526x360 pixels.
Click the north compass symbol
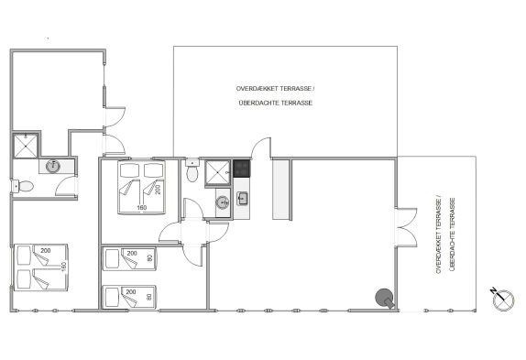pyautogui.click(x=502, y=299)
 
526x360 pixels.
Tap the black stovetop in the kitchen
pyautogui.click(x=242, y=169)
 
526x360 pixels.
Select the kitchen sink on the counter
pyautogui.click(x=242, y=199)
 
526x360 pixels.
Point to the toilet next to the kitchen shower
pyautogui.click(x=192, y=170)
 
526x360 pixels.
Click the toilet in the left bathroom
pyautogui.click(x=23, y=186)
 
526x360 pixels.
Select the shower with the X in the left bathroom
pyautogui.click(x=26, y=146)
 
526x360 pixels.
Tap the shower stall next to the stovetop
pyautogui.click(x=218, y=172)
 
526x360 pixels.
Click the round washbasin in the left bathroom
pyautogui.click(x=53, y=166)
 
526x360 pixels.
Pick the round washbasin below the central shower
pyautogui.click(x=223, y=202)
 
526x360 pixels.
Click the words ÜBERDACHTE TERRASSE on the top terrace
pyautogui.click(x=276, y=103)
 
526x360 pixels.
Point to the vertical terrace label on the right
pyautogui.click(x=445, y=235)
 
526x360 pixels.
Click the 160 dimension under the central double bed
pyautogui.click(x=142, y=208)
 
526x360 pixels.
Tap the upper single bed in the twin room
pyautogui.click(x=129, y=258)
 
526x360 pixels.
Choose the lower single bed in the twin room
pyautogui.click(x=129, y=297)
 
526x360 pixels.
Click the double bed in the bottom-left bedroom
pyautogui.click(x=40, y=267)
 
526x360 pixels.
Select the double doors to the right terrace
pyautogui.click(x=407, y=227)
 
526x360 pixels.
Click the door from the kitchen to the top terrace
pyautogui.click(x=261, y=147)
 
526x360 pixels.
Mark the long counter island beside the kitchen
pyautogui.click(x=281, y=190)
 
